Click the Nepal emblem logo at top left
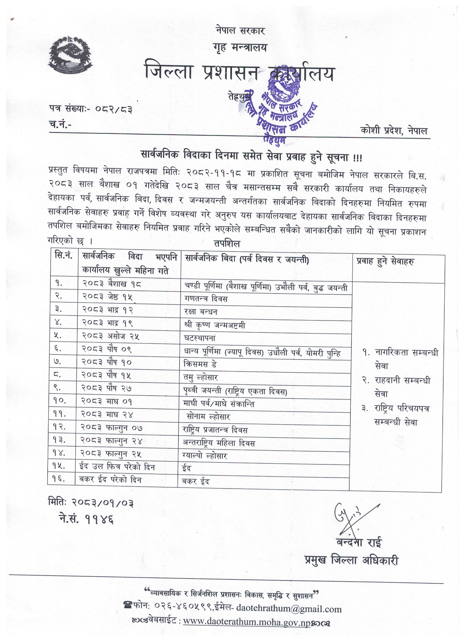71,55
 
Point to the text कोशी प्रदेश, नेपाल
394,131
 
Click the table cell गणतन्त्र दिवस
205,299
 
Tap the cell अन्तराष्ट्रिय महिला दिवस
219,443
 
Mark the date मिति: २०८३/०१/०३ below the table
91,502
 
